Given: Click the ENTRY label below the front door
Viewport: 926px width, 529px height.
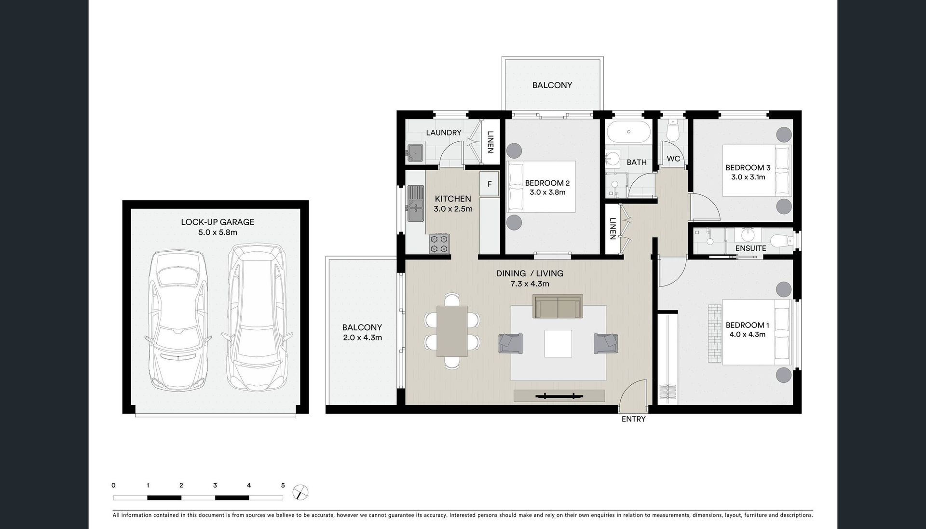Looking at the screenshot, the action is click(x=633, y=419).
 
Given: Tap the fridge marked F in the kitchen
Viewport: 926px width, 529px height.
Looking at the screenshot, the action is click(x=490, y=184).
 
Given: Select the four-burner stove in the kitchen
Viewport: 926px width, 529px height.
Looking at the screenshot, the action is click(x=439, y=244).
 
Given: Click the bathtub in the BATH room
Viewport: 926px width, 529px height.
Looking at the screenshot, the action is click(x=627, y=131).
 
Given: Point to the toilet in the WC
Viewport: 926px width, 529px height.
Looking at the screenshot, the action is click(x=672, y=129).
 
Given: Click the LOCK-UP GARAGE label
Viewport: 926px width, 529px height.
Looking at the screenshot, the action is click(x=218, y=222).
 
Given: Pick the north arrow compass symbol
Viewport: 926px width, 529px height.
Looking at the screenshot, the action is click(x=300, y=492).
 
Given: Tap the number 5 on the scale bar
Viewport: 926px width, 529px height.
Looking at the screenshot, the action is click(x=283, y=486).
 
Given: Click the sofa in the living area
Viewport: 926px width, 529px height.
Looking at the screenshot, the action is click(x=558, y=306).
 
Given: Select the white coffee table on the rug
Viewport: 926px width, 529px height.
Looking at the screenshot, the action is click(x=558, y=343).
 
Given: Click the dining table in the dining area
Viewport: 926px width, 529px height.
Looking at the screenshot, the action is click(x=452, y=331).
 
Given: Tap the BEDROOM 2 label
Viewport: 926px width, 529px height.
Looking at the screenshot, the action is click(x=547, y=183).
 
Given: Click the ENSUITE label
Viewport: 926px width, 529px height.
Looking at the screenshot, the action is click(x=751, y=248).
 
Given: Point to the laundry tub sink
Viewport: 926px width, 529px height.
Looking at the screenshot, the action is click(x=415, y=153).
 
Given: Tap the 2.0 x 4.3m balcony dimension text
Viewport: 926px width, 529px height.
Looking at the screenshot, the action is click(x=362, y=338).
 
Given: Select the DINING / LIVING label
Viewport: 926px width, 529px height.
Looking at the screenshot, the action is click(x=530, y=273).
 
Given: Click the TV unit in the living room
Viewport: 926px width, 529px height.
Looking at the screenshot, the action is click(x=559, y=396).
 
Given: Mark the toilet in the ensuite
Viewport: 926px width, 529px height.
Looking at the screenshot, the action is click(x=781, y=240).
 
